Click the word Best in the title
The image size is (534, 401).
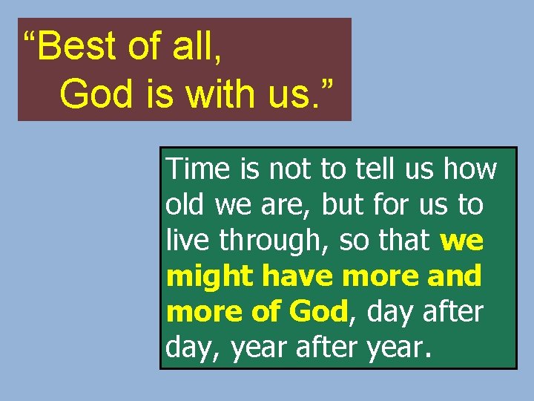point(75,47)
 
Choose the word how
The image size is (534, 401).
point(469,169)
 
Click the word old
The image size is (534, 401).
point(186,205)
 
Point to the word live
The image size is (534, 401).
point(185,241)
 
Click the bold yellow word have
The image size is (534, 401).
point(298,276)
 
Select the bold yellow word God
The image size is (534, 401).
point(317,312)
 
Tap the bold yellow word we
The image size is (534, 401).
point(461,241)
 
